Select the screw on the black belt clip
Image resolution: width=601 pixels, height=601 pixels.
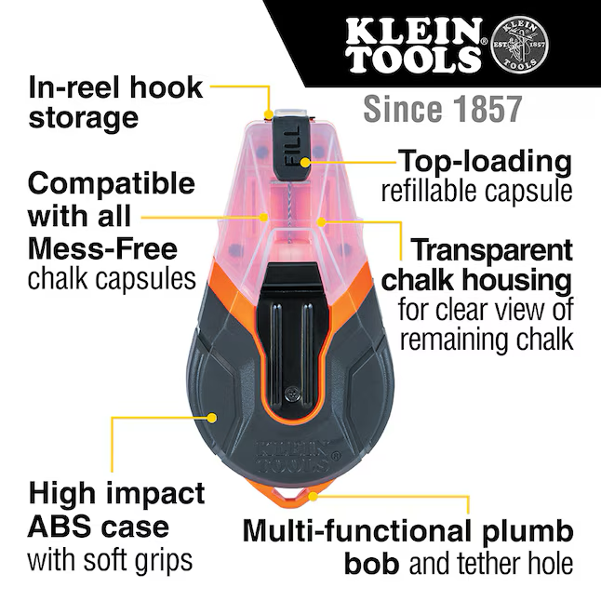292,394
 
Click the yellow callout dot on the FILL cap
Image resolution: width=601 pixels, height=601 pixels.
305,162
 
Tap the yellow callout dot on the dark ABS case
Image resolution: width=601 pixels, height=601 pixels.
211,418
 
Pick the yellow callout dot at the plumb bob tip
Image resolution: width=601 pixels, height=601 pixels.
314,497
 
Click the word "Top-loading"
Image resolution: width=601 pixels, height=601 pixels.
486,161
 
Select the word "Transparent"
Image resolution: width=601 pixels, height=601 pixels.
491,249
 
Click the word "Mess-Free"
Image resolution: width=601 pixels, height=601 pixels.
102,248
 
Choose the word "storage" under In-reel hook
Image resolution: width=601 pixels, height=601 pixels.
83,118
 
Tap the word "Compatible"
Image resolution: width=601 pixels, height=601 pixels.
112,183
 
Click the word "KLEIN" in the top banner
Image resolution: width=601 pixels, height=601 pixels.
413,31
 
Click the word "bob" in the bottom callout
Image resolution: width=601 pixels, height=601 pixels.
372,563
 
